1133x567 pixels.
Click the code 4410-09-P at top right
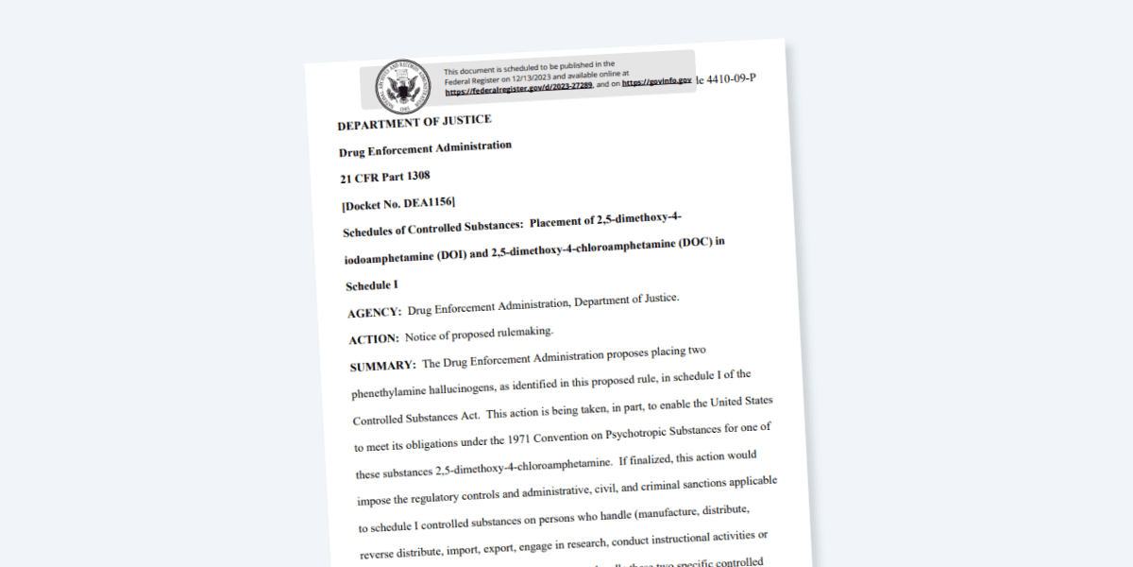pos(730,77)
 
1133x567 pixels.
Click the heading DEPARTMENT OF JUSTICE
pos(414,121)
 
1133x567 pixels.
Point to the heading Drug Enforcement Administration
pos(426,148)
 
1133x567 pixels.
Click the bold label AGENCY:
pos(375,312)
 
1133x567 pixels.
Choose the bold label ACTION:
pos(375,338)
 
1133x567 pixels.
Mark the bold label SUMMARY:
pos(382,365)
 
